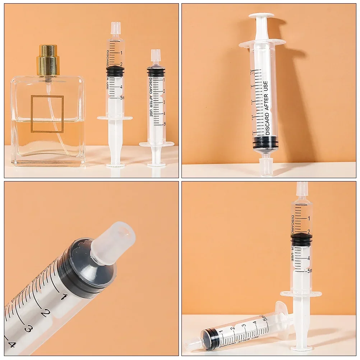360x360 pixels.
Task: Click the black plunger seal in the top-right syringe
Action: (x=266, y=142)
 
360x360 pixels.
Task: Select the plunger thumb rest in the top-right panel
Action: (x=262, y=16)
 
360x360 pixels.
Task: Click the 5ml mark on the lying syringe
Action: (x=265, y=318)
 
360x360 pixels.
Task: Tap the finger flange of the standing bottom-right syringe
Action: (x=301, y=294)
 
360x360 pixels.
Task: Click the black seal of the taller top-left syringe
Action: (x=115, y=71)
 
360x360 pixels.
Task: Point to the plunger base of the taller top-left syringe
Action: (x=115, y=165)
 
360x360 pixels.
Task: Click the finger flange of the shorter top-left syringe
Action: (x=157, y=144)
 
